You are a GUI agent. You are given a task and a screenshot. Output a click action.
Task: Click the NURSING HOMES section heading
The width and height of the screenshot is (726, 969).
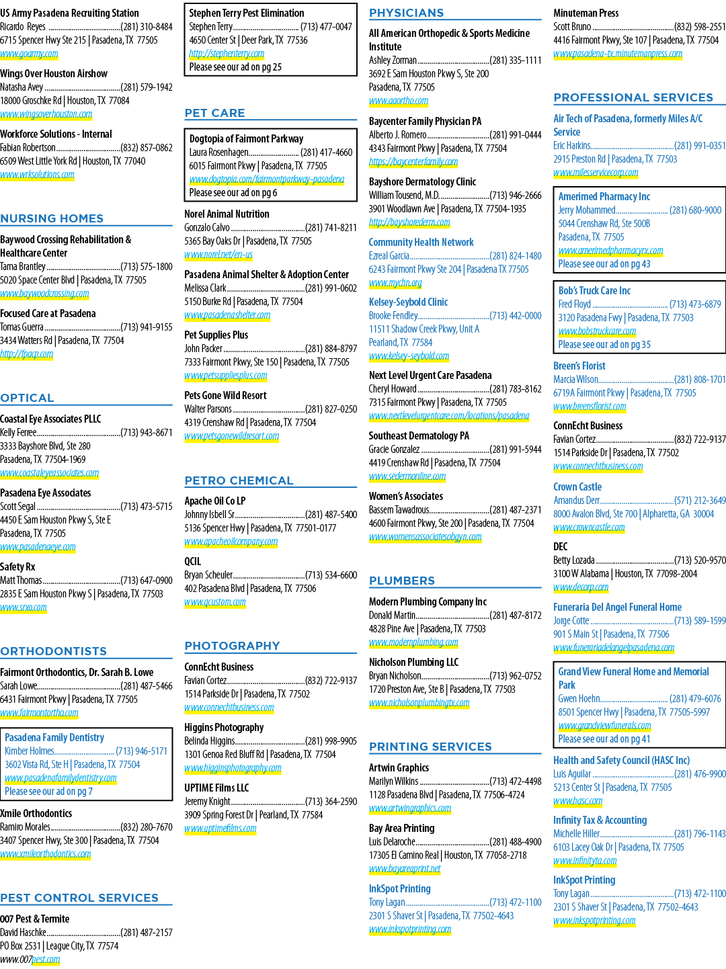52,218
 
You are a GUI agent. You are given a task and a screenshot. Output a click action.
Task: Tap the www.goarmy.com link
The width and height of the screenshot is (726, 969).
29,54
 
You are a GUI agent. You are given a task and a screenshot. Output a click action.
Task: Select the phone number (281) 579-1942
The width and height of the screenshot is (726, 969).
147,87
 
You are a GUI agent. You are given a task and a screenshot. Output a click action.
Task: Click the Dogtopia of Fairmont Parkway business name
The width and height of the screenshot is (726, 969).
247,138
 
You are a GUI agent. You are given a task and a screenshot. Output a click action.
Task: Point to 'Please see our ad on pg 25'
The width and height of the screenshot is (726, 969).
235,67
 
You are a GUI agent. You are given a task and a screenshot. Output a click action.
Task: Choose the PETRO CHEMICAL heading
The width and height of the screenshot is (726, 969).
239,480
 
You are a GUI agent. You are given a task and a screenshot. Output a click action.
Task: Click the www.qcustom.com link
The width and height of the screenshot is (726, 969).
215,602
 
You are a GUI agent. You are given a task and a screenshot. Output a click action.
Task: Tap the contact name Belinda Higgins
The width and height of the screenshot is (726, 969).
210,741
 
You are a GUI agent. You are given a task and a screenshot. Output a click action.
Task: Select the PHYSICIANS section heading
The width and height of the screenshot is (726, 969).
406,13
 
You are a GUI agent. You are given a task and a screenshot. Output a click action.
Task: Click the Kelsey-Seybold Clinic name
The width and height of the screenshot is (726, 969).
408,302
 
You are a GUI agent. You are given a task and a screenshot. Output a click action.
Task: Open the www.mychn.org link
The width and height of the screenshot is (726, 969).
395,282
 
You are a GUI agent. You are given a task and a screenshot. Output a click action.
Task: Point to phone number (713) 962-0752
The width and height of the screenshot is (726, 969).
516,676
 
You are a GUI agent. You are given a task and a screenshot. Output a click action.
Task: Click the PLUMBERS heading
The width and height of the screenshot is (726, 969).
402,581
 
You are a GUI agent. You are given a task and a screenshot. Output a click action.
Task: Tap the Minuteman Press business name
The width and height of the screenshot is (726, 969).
586,13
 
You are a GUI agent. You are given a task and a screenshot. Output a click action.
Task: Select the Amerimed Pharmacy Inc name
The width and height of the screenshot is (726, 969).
604,196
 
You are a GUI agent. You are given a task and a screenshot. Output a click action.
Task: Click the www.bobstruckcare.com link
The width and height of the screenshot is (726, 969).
597,331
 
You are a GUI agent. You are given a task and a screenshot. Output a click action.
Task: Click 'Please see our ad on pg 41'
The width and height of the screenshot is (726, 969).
604,739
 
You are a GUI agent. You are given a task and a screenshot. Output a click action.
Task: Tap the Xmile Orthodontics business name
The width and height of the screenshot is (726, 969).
36,813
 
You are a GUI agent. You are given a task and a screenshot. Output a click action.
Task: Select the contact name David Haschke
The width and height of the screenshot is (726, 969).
23,932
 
